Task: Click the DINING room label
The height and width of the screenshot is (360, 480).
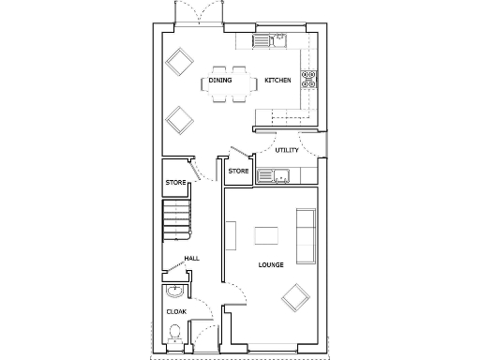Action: [x=220, y=81]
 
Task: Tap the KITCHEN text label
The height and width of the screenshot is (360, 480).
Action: [x=277, y=81]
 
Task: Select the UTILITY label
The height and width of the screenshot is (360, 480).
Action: [x=287, y=150]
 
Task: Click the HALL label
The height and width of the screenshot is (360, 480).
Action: [x=191, y=258]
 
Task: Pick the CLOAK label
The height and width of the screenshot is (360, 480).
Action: [x=175, y=310]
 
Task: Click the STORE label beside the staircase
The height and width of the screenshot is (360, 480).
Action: [x=175, y=182]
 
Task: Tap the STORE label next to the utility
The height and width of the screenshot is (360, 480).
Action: [x=238, y=171]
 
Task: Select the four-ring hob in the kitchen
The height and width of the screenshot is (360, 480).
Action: [x=310, y=80]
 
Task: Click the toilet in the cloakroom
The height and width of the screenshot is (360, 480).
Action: [x=174, y=333]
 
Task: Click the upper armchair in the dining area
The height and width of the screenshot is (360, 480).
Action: [x=177, y=63]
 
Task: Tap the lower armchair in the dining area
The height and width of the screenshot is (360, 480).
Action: [x=177, y=119]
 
